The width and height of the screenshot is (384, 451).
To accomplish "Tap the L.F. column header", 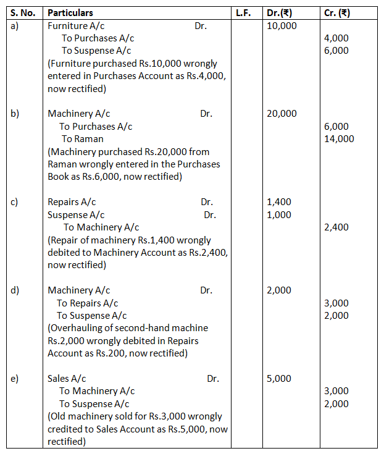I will [x=243, y=12].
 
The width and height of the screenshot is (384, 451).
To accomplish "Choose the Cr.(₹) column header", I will [x=338, y=12].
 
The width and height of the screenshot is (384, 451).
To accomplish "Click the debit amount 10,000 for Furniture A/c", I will [x=282, y=25].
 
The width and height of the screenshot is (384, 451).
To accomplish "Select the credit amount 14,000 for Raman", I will [x=339, y=138].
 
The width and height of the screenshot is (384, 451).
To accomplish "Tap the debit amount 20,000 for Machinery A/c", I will [x=282, y=114].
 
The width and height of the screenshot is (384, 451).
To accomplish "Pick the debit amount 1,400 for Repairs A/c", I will [x=279, y=202].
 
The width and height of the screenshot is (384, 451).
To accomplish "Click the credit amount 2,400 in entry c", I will [x=336, y=227].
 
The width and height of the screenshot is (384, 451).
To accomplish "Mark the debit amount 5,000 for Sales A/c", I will [x=279, y=379].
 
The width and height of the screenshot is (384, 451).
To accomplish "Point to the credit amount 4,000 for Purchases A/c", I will [x=336, y=38].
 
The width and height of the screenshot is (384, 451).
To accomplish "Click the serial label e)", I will [x=15, y=379].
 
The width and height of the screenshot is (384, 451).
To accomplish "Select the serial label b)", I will [x=15, y=114].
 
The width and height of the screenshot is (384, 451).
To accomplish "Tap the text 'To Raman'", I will [x=81, y=139].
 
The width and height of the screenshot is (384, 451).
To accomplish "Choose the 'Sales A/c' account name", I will [x=67, y=379].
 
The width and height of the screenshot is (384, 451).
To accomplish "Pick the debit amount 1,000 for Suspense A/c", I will [x=279, y=214].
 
